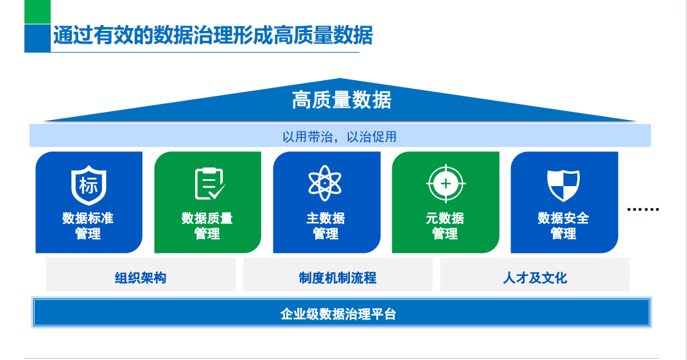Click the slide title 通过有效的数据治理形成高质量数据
213,35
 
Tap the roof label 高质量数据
342,100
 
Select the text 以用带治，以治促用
340,136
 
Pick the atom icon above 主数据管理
326,184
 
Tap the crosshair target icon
445,184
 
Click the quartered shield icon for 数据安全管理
563,184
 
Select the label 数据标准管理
89,226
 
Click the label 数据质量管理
207,226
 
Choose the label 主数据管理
326,226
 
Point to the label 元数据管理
445,226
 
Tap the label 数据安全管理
563,226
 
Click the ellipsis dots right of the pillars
642,210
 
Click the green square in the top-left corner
37,12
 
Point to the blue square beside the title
37,38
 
